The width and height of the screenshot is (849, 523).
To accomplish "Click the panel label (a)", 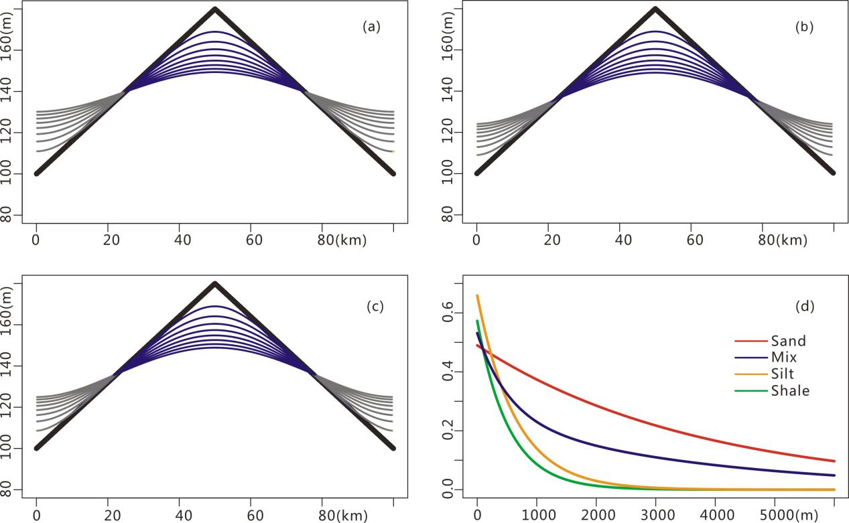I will (x=371, y=27).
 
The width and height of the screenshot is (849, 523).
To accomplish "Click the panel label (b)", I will (x=803, y=27).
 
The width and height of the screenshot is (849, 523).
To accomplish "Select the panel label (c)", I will (x=375, y=307).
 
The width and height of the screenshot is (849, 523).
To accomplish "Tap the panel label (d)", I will (x=804, y=307).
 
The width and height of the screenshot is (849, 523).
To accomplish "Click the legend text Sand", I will (x=789, y=341).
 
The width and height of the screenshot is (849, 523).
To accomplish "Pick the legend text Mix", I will (x=783, y=358).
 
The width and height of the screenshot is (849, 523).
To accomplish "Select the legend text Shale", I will (x=791, y=391).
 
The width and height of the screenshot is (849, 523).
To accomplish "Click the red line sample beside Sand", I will (x=745, y=341).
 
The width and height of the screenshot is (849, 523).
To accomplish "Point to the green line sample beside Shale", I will (x=745, y=391).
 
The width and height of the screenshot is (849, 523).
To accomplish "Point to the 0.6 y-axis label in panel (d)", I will (x=449, y=313).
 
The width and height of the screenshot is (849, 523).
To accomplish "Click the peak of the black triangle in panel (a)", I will (x=215, y=9).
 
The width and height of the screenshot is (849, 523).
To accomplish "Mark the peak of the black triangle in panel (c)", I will (x=215, y=283).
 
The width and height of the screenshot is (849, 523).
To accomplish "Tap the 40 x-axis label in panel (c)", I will (x=179, y=515).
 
